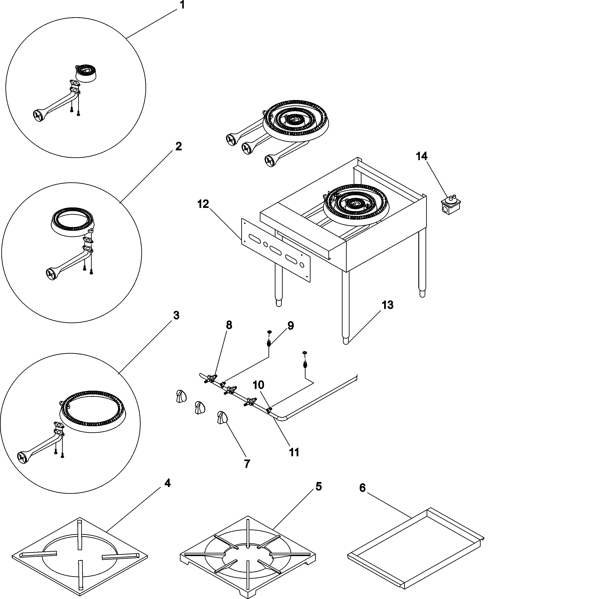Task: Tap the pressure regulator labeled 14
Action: (450, 205)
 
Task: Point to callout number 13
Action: (387, 305)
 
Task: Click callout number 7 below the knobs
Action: (247, 464)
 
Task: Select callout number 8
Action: (229, 325)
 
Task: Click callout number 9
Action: (290, 326)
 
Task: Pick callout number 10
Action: (258, 385)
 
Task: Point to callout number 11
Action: (294, 452)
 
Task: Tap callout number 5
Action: (319, 486)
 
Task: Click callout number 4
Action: (167, 483)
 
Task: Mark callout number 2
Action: (179, 146)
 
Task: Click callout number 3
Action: (176, 316)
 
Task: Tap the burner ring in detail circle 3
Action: (93, 411)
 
